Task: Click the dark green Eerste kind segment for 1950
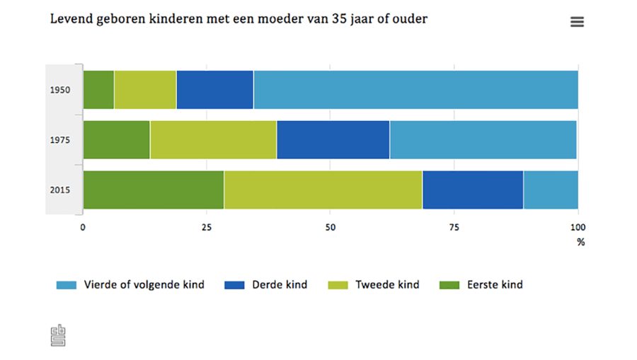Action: (98, 90)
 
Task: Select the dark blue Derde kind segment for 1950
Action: (214, 90)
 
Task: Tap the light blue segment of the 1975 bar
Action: (483, 140)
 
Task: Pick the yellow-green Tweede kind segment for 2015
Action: (323, 190)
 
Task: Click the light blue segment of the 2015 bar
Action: (551, 190)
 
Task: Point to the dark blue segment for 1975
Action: (333, 140)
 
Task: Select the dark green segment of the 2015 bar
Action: (154, 190)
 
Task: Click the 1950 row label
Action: (60, 91)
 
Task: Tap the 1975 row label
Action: (60, 140)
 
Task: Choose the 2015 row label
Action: (60, 190)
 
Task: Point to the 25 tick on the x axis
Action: (207, 227)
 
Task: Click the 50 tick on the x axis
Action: (331, 227)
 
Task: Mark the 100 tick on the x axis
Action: (578, 227)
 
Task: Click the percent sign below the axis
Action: (580, 242)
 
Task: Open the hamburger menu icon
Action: (577, 22)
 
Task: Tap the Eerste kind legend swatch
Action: (449, 285)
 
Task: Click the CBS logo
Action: (58, 335)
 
